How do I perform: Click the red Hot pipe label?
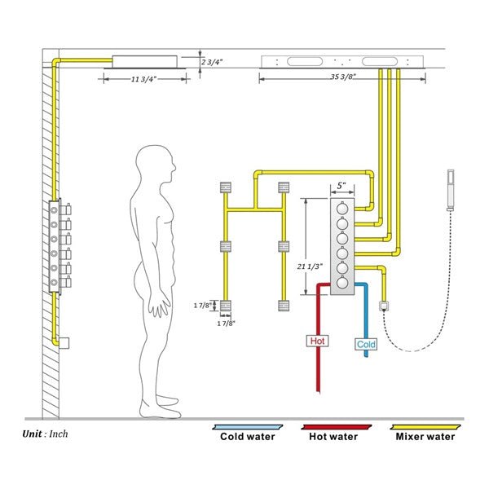pos(318,341)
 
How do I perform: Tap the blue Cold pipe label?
pos(367,344)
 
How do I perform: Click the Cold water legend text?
pos(248,436)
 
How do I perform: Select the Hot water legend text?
pos(333,436)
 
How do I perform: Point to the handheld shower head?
pos(450,191)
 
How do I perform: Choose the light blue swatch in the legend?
pos(247,426)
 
